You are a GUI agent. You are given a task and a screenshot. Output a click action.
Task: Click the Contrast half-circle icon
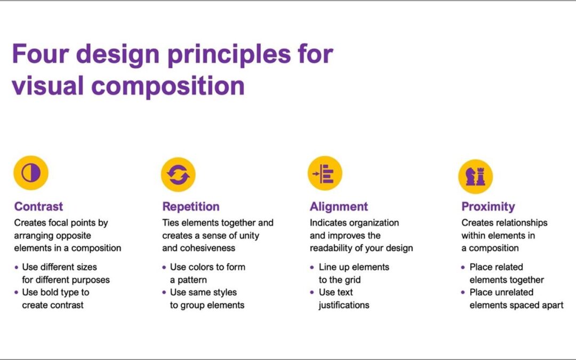pyautogui.click(x=31, y=173)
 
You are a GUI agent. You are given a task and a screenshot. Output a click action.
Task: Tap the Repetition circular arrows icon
pyautogui.click(x=178, y=174)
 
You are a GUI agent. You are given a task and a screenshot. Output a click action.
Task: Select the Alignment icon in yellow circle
pyautogui.click(x=325, y=174)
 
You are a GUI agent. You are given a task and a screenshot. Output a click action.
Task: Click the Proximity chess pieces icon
pyautogui.click(x=475, y=177)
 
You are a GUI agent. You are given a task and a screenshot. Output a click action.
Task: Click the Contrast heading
pyautogui.click(x=38, y=207)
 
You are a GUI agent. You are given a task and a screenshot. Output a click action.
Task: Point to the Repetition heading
pyautogui.click(x=191, y=207)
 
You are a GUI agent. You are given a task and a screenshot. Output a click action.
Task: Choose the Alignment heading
pyautogui.click(x=339, y=207)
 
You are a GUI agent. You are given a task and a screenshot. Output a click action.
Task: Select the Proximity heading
pyautogui.click(x=488, y=207)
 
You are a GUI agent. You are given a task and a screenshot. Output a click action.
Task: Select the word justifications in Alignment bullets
pyautogui.click(x=344, y=305)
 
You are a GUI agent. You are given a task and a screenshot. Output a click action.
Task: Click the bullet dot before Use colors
pyautogui.click(x=165, y=267)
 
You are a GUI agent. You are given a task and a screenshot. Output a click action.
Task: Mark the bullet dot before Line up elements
pyautogui.click(x=313, y=267)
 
